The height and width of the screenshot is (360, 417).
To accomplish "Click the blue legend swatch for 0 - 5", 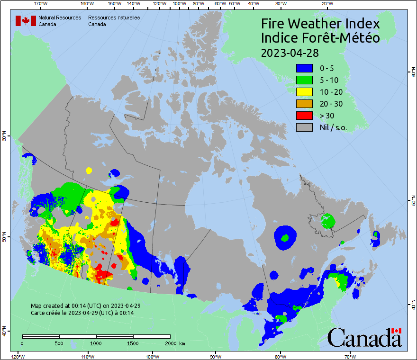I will coord(304,68).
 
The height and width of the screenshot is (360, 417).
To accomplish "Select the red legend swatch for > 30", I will coord(304,115).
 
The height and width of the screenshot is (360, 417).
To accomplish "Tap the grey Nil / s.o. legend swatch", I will coord(304,127).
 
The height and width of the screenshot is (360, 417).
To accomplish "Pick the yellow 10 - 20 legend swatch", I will coord(304,91).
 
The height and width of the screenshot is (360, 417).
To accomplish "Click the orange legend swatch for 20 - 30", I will coord(304,103).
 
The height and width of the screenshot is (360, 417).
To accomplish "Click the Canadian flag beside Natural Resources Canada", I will coord(26,20).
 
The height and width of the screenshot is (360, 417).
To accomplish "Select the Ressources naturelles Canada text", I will coord(114,20).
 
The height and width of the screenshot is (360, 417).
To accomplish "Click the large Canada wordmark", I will coord(364,337).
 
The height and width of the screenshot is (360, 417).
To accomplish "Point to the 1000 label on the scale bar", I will coord(96,343).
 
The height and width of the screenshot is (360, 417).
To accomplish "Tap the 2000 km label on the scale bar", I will coord(175,343).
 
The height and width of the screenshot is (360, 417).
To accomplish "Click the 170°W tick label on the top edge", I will coord(41,3).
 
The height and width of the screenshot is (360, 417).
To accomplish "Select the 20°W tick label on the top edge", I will coord(326,3).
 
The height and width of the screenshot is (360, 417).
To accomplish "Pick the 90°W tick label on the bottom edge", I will coord(216,356).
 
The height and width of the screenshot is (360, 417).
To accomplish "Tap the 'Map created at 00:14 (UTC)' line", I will coord(85,306).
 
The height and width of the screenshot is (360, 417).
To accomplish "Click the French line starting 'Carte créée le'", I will coord(82,313).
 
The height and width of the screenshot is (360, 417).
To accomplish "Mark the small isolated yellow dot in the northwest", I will coord(88,170).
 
